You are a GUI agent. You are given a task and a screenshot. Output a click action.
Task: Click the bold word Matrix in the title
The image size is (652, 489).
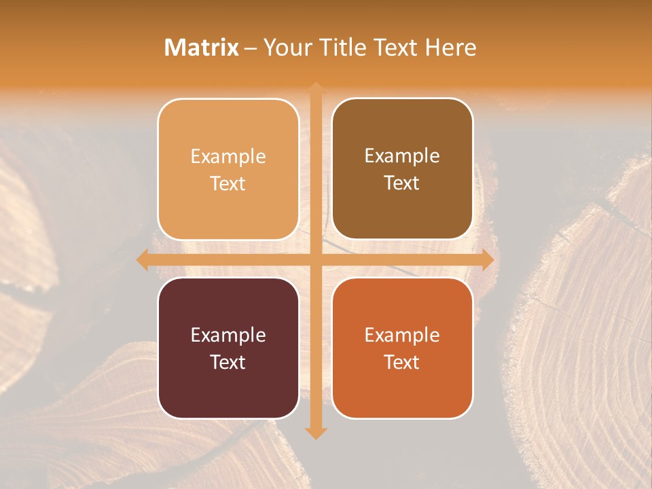click(202, 48)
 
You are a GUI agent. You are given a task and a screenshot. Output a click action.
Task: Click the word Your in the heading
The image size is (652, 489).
click(287, 48)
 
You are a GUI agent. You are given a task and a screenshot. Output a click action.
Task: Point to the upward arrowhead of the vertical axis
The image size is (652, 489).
click(316, 88)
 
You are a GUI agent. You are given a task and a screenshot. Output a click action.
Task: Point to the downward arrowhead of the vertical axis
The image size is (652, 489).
click(316, 433)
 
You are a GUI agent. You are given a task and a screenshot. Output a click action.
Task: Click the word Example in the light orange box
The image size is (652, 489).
click(228, 157)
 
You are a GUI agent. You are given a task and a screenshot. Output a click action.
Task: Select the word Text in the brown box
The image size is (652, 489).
click(402, 183)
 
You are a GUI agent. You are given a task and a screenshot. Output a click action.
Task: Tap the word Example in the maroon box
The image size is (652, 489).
click(228, 335)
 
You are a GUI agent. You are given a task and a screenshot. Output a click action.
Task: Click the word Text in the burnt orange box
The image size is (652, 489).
click(402, 362)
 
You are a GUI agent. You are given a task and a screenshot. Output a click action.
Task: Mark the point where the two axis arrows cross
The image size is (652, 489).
click(316, 260)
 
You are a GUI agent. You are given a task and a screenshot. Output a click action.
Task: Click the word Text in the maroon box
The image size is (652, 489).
click(228, 362)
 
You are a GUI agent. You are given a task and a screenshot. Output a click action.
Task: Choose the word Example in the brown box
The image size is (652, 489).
click(402, 156)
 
